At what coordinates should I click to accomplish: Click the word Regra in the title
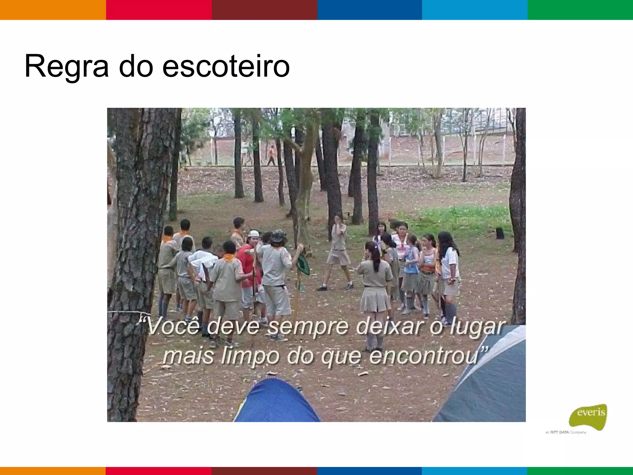click(66, 66)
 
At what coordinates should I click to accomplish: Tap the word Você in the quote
click(173, 326)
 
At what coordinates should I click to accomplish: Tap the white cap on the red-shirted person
click(253, 233)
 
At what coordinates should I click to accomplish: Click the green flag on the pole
click(303, 265)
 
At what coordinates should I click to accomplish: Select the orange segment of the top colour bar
click(53, 10)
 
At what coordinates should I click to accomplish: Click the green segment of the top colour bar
click(580, 10)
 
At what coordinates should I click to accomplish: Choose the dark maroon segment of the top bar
click(264, 10)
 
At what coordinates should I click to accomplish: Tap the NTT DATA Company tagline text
click(566, 432)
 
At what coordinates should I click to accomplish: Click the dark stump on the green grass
click(500, 233)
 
